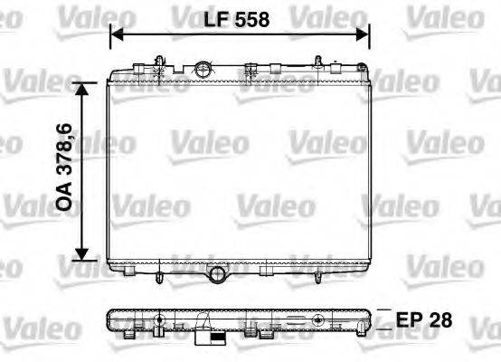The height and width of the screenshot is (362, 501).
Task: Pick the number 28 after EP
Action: (440, 319)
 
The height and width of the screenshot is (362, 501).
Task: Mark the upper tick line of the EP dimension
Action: (383, 310)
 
